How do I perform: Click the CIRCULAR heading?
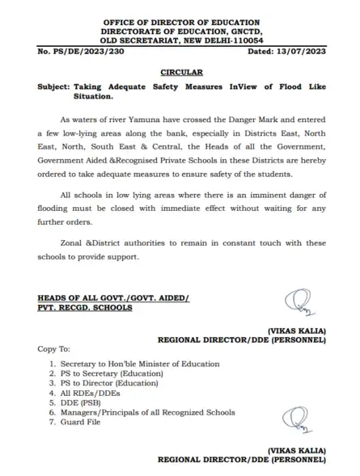[180, 72]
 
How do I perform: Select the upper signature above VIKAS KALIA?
[294, 303]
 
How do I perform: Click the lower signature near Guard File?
[295, 419]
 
